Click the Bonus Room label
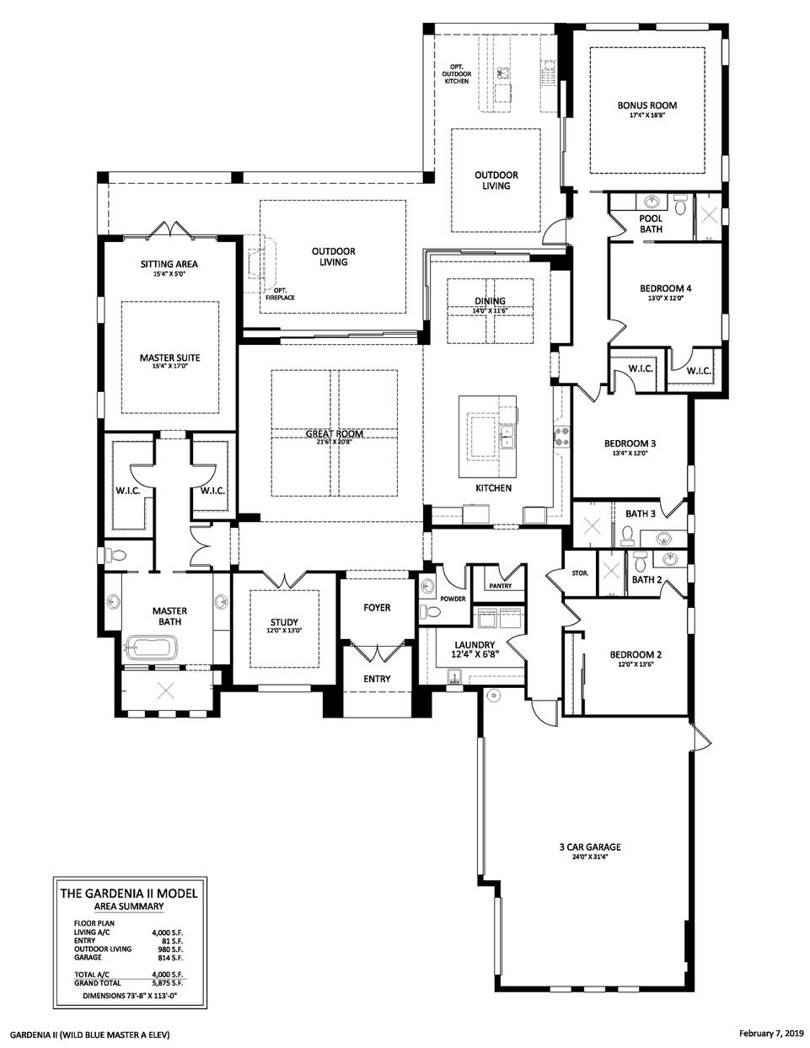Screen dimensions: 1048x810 646,105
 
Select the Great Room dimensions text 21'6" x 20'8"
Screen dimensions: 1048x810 335,442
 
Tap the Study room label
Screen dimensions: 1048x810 284,622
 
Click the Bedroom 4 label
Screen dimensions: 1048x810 666,288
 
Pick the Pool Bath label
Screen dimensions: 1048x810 651,223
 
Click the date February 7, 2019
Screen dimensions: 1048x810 770,1033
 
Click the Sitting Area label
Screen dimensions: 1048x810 169,264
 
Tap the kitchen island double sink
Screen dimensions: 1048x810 507,437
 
